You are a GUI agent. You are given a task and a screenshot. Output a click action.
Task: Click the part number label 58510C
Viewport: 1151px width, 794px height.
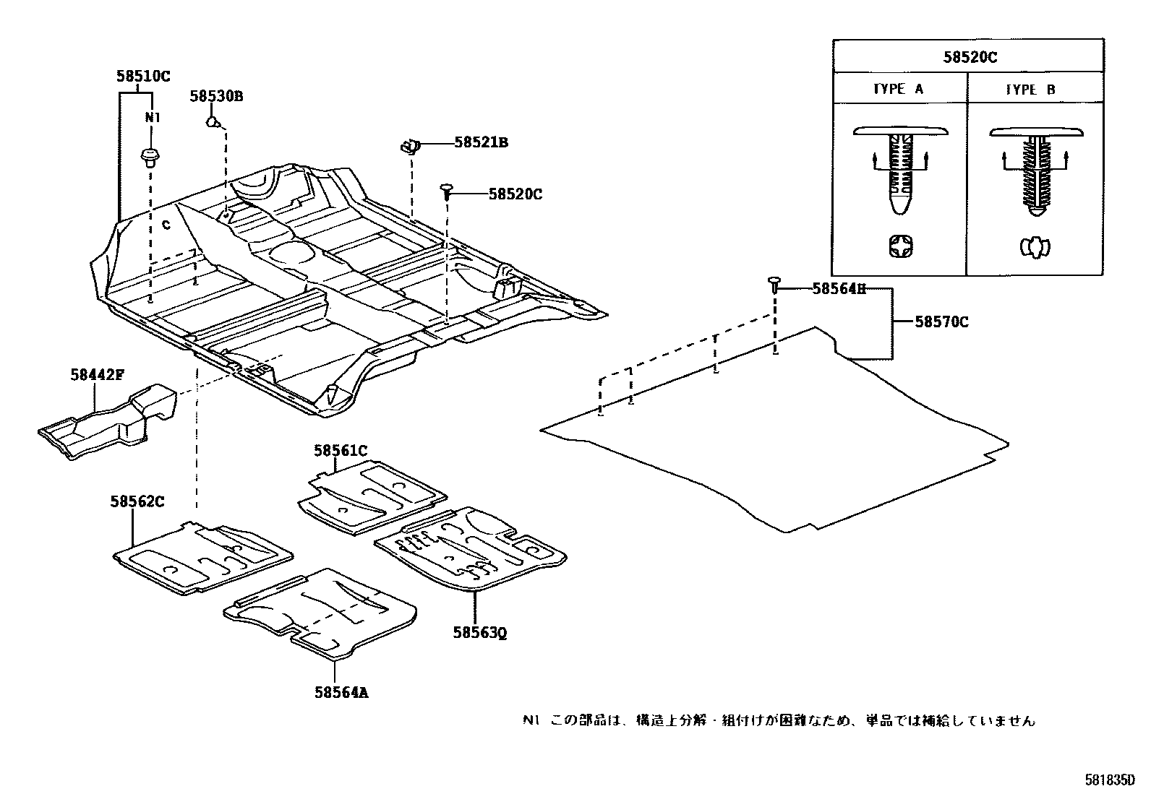[143, 76]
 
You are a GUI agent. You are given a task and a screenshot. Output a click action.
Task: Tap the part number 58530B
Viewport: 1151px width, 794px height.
[216, 96]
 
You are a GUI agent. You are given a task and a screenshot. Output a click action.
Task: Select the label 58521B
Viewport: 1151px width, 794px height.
[481, 143]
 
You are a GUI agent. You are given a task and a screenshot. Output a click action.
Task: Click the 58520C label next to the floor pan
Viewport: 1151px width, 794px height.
[515, 194]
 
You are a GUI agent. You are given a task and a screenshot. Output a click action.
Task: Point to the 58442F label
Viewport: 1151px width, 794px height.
[97, 374]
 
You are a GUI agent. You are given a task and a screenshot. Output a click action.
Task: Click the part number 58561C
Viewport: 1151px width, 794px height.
[340, 451]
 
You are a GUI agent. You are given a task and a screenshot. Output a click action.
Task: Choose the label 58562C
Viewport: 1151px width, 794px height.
[137, 501]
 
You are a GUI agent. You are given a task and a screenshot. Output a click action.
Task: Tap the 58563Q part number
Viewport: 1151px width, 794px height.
[479, 633]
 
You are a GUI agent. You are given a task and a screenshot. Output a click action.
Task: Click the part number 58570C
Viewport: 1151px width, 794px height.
[941, 322]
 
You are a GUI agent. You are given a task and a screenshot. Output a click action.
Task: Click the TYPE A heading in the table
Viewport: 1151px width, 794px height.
[898, 90]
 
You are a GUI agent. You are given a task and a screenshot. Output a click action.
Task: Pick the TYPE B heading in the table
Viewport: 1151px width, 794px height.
[1030, 90]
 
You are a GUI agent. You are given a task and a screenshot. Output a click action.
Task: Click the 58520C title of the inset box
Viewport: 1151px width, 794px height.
[969, 57]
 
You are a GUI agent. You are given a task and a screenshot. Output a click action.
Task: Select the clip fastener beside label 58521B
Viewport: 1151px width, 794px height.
[410, 147]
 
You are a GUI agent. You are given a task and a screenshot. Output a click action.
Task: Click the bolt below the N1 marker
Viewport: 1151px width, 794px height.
[150, 157]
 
